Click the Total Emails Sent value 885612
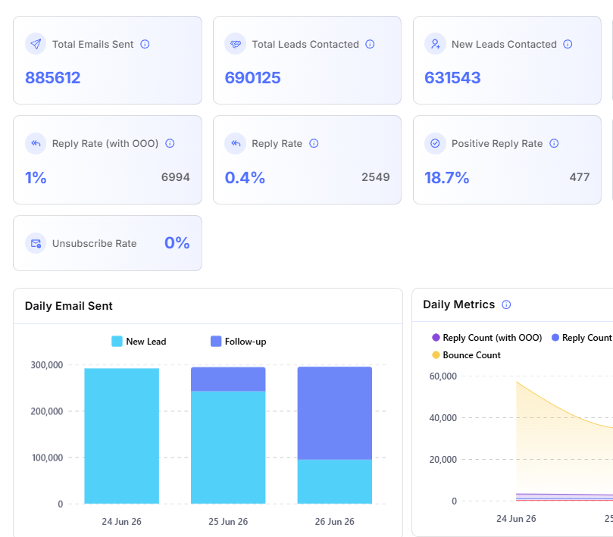pos(53,78)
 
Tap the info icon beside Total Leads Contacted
pos(370,44)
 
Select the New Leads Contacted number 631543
pos(452,78)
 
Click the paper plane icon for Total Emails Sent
pos(36,44)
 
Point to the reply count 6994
pos(176,177)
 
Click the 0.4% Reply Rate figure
pos(245,178)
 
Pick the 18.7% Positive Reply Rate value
pos(446,178)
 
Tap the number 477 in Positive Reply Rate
pos(580,177)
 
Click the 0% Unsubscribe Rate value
pos(177,242)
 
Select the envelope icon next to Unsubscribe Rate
pos(36,243)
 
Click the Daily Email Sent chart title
pos(69,306)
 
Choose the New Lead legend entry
pos(139,341)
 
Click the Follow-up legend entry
pos(239,341)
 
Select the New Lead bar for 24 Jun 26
pos(121,436)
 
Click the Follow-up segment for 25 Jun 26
pos(228,379)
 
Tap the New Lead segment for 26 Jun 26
pos(335,482)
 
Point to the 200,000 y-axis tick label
pos(47,411)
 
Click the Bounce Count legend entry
pos(467,355)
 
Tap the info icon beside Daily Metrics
pos(506,304)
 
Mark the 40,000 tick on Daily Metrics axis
pos(443,418)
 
